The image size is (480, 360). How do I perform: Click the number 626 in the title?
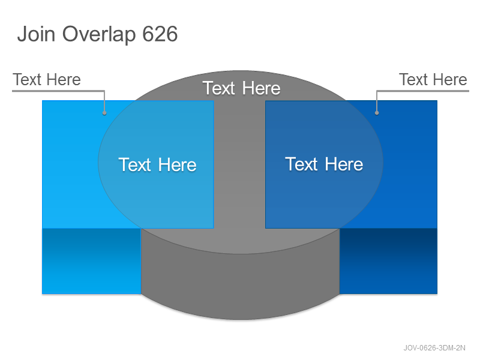coord(160,34)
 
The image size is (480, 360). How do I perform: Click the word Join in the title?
coord(36,34)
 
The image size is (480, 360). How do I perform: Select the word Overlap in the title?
coord(99,34)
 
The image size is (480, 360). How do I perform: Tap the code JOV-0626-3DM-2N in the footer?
coord(434,348)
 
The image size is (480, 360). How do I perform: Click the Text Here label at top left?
coord(47,80)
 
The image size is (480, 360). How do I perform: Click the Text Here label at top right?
coord(433,80)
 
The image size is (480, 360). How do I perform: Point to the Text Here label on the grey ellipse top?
coord(241,88)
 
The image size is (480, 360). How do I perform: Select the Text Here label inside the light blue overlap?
coord(157,164)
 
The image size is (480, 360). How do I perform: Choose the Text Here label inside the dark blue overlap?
coord(324,164)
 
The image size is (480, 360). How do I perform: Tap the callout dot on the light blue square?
coord(104,113)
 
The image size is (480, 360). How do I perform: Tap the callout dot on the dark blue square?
coord(377,113)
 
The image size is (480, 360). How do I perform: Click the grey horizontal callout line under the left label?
coord(58,91)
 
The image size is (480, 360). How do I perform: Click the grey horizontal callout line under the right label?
coord(423,91)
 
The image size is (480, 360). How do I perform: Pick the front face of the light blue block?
coord(91,261)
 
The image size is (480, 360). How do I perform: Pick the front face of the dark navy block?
coord(388,261)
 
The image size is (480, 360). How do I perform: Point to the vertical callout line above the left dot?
coord(104,101)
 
